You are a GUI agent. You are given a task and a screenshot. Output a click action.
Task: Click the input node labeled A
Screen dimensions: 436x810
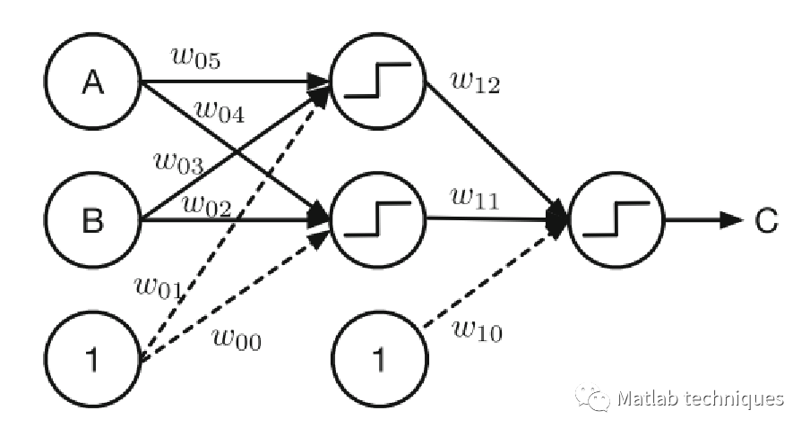[93, 82]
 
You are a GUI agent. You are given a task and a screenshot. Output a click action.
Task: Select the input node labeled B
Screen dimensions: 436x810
[93, 218]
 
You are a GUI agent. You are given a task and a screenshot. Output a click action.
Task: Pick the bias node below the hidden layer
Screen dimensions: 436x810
[378, 360]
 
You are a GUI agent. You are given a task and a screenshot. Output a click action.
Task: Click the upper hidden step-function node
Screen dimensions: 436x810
[378, 82]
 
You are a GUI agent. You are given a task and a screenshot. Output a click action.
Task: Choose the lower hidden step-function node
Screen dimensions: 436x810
[378, 218]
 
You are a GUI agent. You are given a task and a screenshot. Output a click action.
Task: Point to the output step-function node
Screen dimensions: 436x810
[616, 220]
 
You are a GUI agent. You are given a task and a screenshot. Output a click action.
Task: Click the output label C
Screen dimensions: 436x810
[765, 220]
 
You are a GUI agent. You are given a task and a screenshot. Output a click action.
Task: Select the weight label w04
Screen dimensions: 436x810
[219, 111]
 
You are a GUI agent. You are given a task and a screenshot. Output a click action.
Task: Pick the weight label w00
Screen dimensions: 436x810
[237, 338]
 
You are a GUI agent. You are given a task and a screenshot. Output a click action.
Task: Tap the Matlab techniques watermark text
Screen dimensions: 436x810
[700, 398]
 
